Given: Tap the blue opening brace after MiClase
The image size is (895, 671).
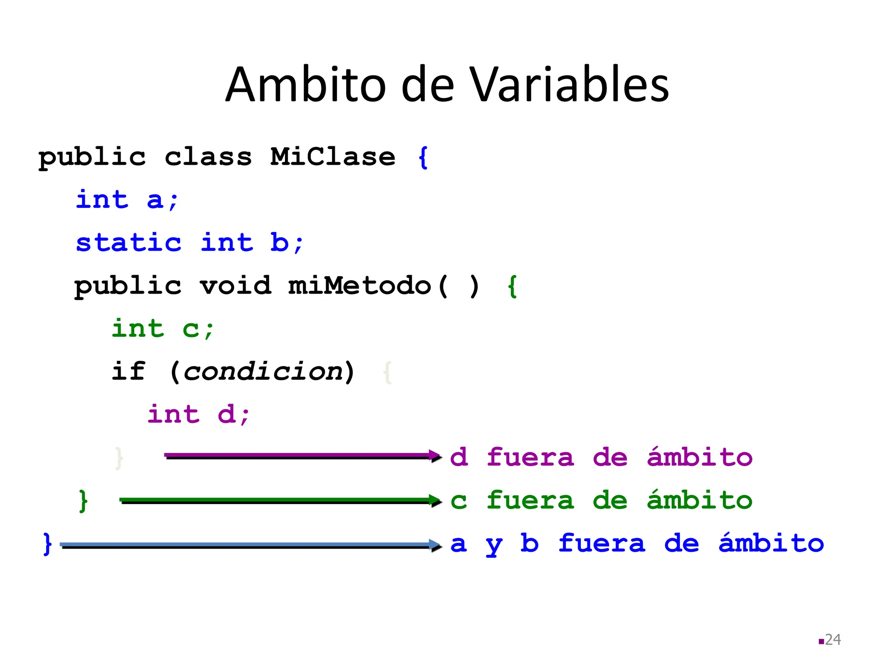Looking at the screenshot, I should click(x=423, y=157).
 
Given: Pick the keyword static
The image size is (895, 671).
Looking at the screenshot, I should click(x=128, y=242).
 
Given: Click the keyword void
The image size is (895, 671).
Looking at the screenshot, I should click(x=236, y=286).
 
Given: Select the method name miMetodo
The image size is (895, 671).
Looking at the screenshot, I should click(x=360, y=286).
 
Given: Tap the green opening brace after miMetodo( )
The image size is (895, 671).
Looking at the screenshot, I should click(x=513, y=287).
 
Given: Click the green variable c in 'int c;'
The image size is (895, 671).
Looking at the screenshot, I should click(x=191, y=329).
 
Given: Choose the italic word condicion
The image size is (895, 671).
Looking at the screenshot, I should click(x=263, y=372).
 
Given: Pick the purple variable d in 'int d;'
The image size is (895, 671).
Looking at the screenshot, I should click(x=226, y=414).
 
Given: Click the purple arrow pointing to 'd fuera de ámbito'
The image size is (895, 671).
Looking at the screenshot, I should click(x=302, y=456).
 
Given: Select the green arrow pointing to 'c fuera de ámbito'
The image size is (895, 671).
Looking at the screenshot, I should click(x=280, y=500).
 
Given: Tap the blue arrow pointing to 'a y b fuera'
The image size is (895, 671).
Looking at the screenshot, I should click(x=249, y=545).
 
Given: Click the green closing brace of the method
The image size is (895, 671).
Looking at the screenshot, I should click(x=83, y=501).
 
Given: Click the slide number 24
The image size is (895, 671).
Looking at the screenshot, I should click(x=833, y=640).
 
